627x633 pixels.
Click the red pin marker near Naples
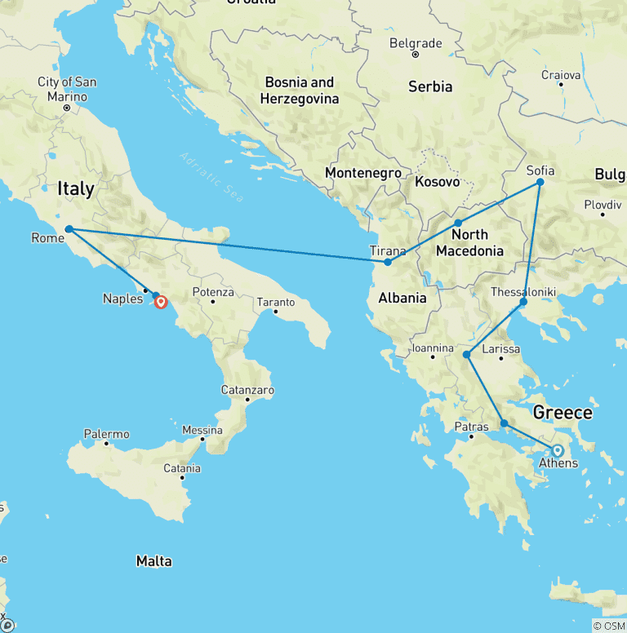tap(161, 302)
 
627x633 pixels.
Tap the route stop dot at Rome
tap(69, 229)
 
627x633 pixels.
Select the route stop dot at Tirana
tap(388, 262)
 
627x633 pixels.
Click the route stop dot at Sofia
tap(540, 183)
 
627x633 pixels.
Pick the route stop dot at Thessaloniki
tap(523, 303)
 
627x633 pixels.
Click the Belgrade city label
tap(416, 43)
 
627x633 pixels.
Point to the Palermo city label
tap(106, 434)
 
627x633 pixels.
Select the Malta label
tap(153, 561)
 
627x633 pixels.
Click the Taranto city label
tap(275, 303)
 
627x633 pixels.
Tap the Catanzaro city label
tap(247, 391)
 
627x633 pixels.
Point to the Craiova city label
tap(561, 75)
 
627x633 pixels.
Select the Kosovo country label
tap(437, 181)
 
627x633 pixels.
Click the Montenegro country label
tap(362, 173)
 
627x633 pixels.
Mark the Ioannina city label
tap(432, 348)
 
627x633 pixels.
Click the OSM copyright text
tap(608, 626)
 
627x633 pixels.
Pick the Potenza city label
tap(213, 292)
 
